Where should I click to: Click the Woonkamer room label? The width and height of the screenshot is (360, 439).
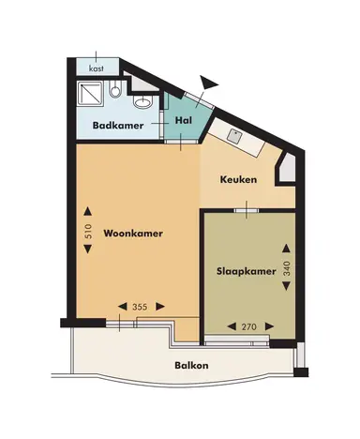click(127, 234)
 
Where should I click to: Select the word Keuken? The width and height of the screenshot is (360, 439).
click(238, 178)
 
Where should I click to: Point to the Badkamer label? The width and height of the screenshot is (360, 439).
click(117, 125)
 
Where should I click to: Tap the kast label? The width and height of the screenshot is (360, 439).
click(96, 68)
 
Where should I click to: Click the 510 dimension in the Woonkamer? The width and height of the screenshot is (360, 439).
click(88, 234)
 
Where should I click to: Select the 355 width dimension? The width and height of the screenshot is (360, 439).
click(139, 307)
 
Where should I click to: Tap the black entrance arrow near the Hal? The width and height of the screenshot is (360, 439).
click(210, 84)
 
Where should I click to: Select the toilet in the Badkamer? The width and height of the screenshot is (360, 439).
click(114, 90)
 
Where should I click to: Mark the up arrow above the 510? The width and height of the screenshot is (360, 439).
click(88, 210)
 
